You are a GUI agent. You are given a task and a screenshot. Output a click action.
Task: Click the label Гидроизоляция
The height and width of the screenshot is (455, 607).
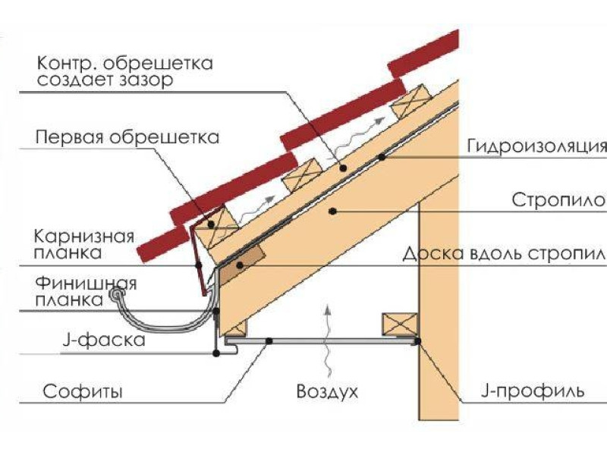[x=535, y=146]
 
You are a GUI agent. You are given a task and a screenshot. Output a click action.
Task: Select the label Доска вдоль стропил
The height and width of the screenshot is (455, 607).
[x=504, y=253]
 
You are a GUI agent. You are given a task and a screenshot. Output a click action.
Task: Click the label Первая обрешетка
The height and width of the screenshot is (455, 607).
[x=127, y=138]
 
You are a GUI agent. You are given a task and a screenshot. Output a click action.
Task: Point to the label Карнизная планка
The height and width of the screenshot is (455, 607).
[x=83, y=243]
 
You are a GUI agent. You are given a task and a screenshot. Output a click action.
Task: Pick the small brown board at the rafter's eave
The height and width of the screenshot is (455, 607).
[x=245, y=260]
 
